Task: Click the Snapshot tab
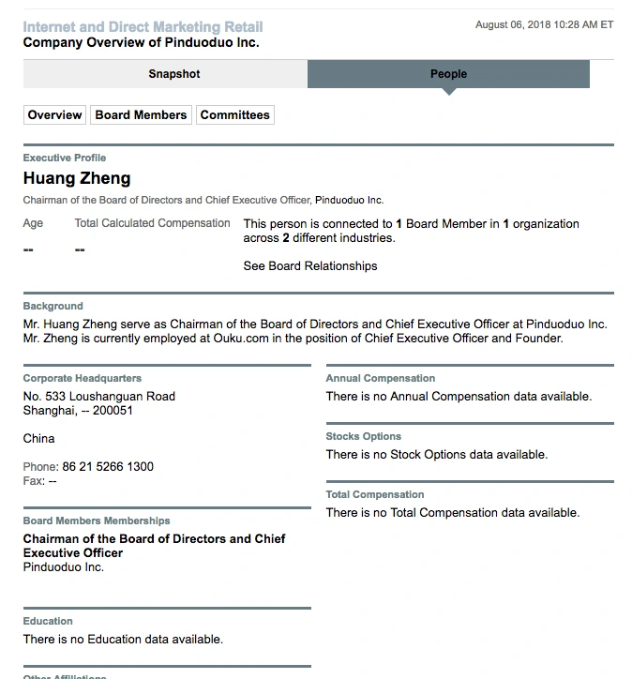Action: (x=173, y=74)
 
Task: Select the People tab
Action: (x=448, y=74)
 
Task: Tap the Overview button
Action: (x=54, y=115)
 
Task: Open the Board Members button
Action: (x=141, y=115)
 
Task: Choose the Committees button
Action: (x=234, y=115)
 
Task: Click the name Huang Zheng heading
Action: (x=77, y=178)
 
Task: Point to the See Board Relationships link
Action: (x=309, y=266)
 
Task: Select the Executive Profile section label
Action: (x=65, y=158)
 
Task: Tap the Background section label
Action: (x=53, y=306)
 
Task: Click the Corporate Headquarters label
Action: (x=83, y=378)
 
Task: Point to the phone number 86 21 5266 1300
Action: (x=108, y=467)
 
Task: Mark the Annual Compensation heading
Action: (x=381, y=378)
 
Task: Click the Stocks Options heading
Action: (x=364, y=436)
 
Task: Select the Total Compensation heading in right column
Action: (x=375, y=494)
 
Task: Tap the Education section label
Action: (x=48, y=621)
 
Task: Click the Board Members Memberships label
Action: (x=97, y=521)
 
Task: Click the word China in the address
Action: (x=39, y=439)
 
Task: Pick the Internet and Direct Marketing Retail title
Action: (x=143, y=27)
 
